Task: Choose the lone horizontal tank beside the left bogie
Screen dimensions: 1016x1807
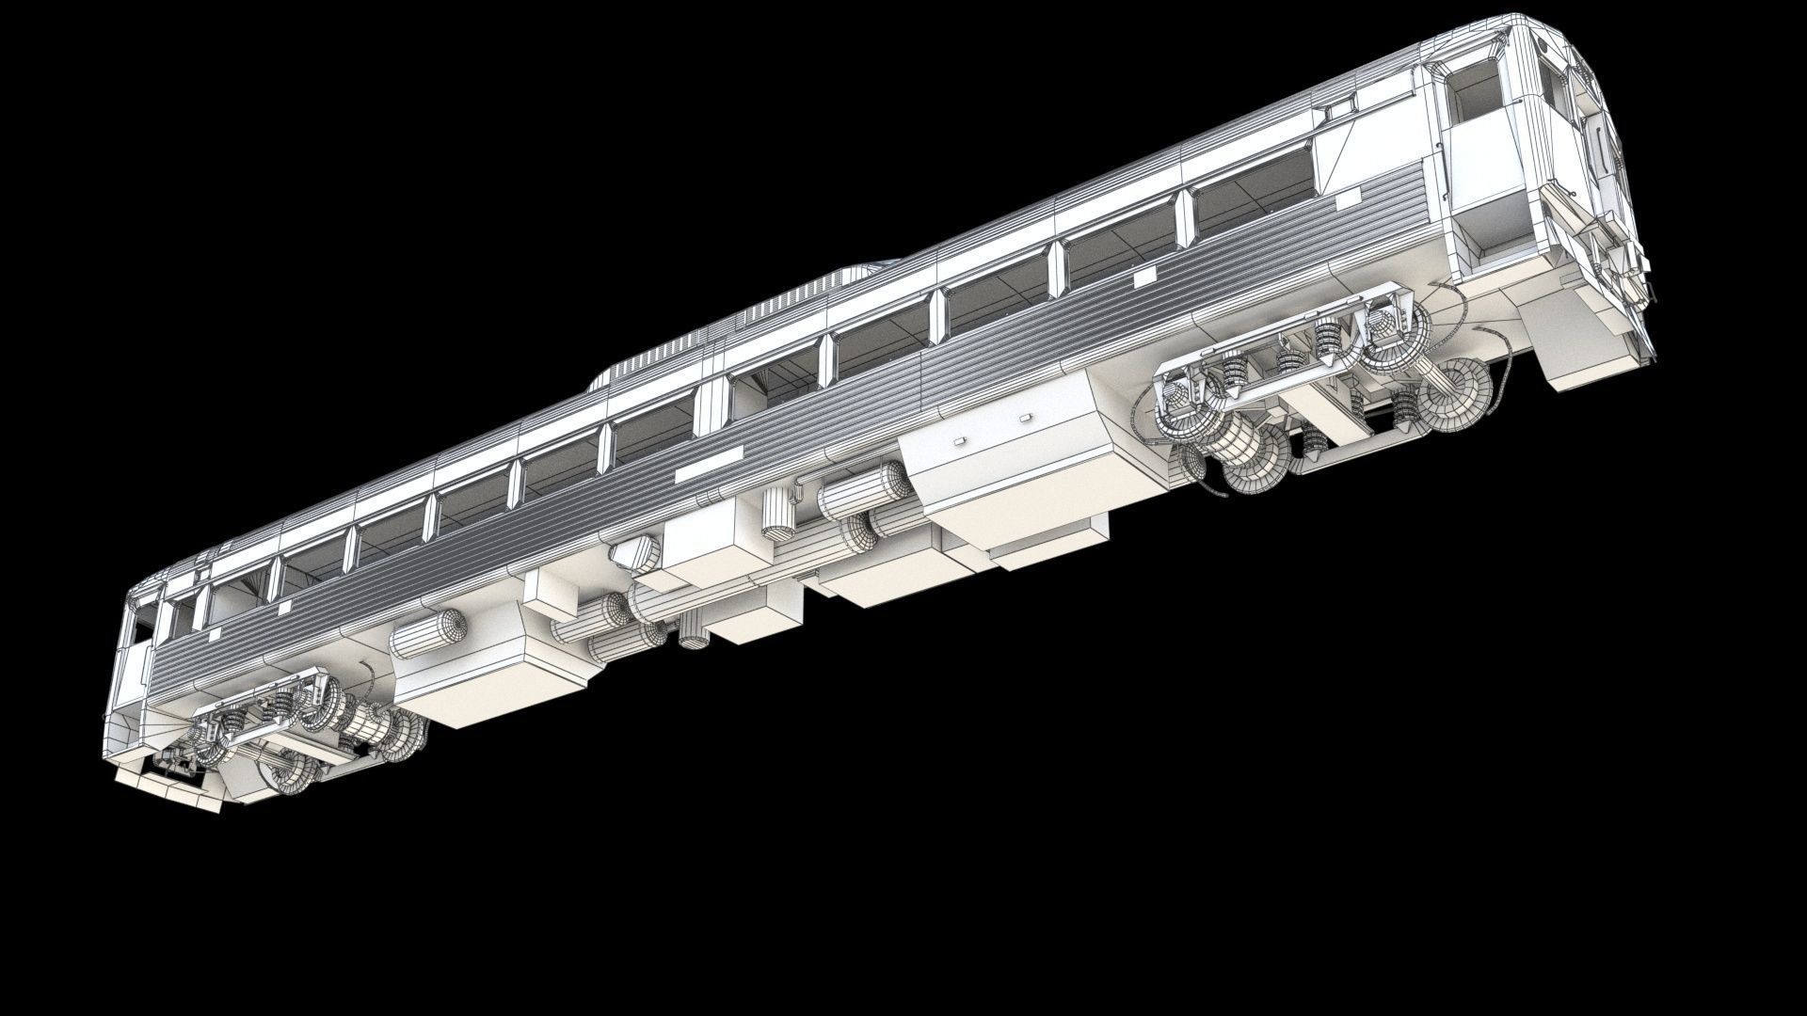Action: point(428,632)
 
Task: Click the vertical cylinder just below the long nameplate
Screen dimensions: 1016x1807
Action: point(777,513)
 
